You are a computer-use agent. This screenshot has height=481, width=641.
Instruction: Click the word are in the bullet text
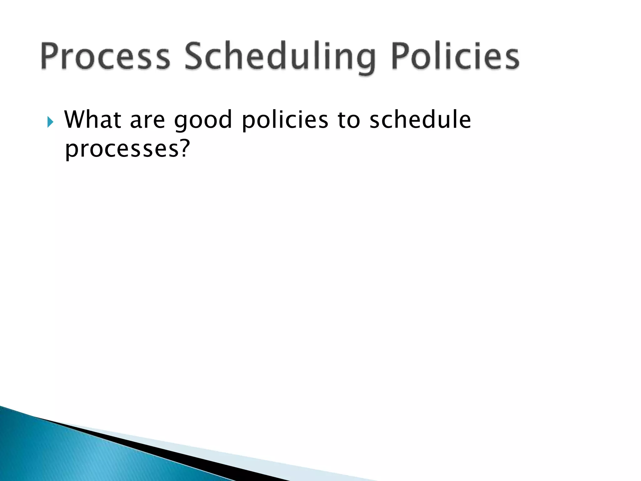[x=147, y=120]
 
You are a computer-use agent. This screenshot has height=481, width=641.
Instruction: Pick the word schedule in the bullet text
[x=420, y=120]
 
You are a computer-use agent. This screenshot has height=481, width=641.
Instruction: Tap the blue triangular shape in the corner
[x=63, y=454]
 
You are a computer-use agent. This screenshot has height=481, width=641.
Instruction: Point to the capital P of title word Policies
[x=401, y=56]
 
